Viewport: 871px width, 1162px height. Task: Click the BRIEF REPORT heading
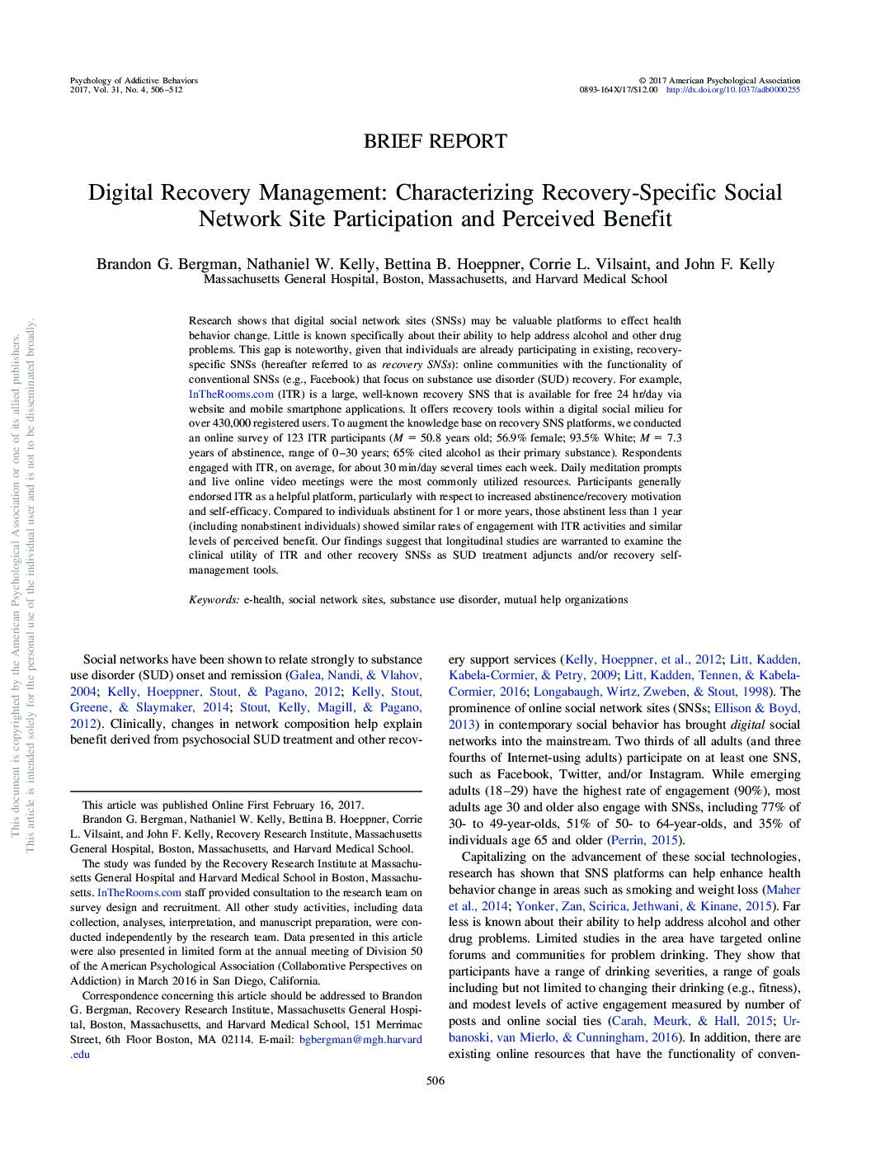pos(435,141)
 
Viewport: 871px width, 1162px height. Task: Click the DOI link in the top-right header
pos(732,90)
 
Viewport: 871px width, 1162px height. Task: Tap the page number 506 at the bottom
pos(435,1081)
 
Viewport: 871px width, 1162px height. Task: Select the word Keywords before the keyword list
pos(214,600)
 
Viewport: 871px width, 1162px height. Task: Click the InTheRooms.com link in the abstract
pos(231,394)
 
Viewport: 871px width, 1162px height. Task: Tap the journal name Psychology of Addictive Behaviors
pos(134,81)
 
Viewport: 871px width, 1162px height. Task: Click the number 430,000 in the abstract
pos(231,423)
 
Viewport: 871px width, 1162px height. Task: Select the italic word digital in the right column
pos(747,725)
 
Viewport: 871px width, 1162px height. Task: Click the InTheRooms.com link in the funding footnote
pos(139,893)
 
